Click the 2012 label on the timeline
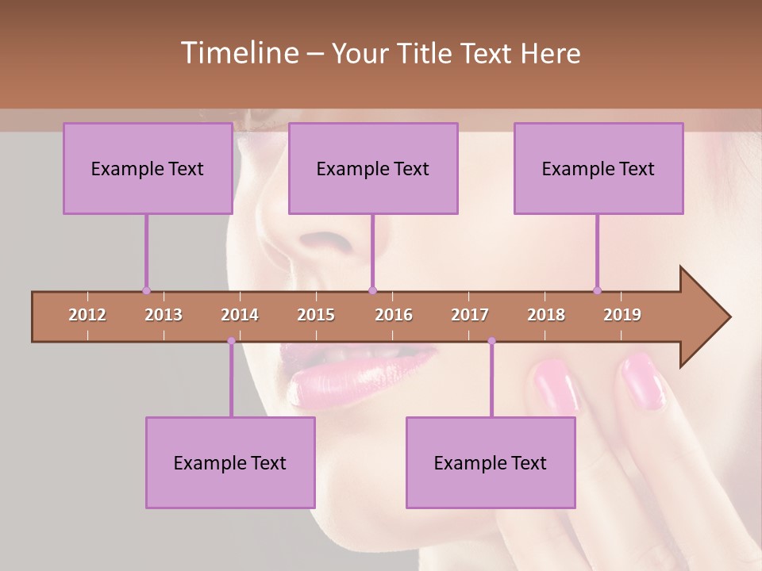(87, 315)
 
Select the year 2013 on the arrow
(164, 315)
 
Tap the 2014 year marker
(240, 315)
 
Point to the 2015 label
(316, 315)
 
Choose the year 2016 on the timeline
(394, 315)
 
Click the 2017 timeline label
(470, 315)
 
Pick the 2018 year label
(546, 315)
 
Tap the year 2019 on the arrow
(622, 315)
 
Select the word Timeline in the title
(238, 53)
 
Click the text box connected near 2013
(148, 168)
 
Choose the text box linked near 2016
(373, 168)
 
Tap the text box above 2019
(598, 168)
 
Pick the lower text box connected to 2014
(230, 462)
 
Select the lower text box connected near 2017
(491, 462)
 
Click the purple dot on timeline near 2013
(146, 290)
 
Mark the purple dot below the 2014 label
(231, 341)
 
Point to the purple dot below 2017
(491, 341)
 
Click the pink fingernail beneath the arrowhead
(643, 382)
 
